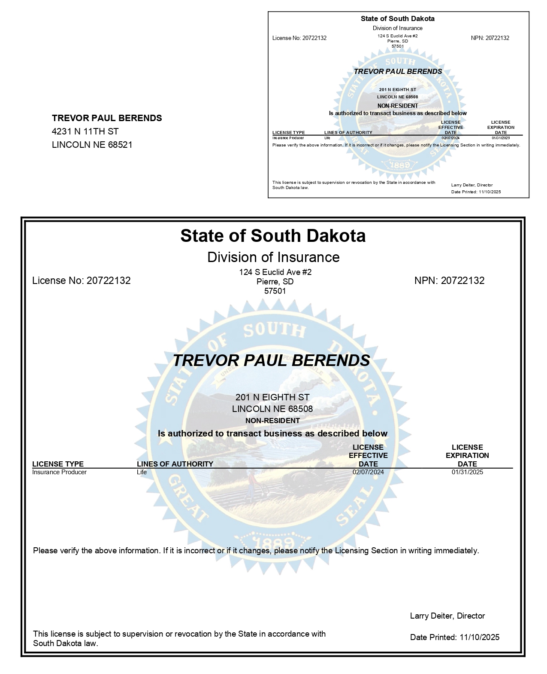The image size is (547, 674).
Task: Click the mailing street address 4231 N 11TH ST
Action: [x=85, y=131]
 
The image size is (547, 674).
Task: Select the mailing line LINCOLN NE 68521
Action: [x=92, y=145]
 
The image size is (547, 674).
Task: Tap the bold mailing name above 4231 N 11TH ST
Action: [x=107, y=118]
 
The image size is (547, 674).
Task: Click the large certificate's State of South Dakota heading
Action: [x=273, y=236]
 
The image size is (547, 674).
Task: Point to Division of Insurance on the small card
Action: [x=397, y=28]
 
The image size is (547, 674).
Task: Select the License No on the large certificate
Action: [x=82, y=281]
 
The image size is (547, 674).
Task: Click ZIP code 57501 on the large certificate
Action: [x=275, y=291]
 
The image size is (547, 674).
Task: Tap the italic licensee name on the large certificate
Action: [x=271, y=360]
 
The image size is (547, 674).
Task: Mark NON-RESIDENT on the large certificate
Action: [x=272, y=421]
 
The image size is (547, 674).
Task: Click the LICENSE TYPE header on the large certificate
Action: [x=58, y=464]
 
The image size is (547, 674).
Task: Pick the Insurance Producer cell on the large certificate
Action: [x=59, y=472]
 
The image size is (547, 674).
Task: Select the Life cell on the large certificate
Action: [x=142, y=472]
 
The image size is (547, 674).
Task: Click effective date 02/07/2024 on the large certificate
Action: [x=368, y=472]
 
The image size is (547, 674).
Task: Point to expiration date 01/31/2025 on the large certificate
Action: [x=467, y=472]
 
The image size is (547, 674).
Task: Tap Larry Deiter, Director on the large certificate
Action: [x=447, y=616]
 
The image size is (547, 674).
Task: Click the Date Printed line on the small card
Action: [x=476, y=192]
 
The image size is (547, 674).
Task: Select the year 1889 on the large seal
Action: [x=272, y=542]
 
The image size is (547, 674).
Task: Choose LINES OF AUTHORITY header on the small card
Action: [x=348, y=132]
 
